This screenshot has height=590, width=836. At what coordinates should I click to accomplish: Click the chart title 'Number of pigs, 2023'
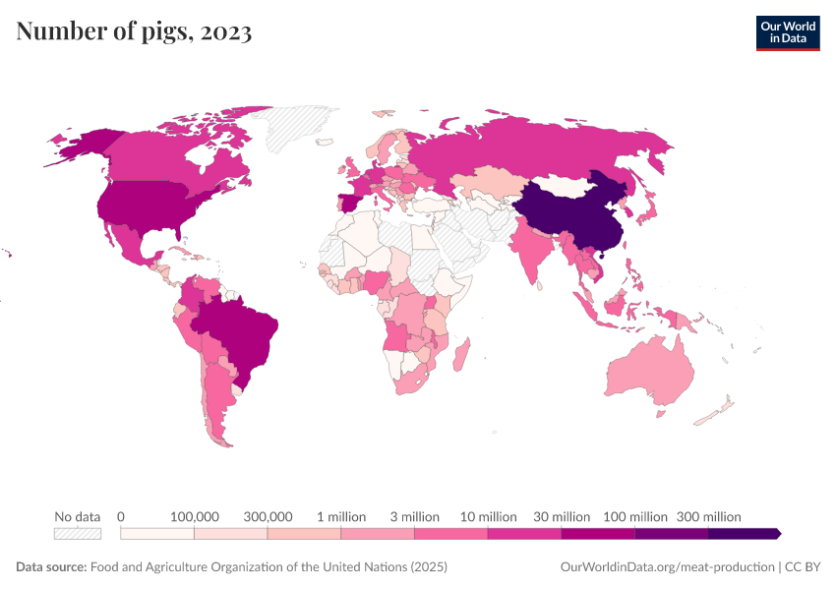coord(134,32)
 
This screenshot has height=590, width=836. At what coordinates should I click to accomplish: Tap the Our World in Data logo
coord(787,32)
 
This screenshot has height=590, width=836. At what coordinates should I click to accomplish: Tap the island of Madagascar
coord(463,355)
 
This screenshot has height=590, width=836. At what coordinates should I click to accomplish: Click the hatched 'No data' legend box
coord(78,534)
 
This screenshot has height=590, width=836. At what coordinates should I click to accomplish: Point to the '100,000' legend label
coord(195,516)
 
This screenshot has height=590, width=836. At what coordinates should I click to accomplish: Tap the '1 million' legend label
coord(341,516)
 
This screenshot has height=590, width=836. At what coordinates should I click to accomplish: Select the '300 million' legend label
coord(708,516)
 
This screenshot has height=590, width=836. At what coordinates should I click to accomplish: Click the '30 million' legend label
coord(562,516)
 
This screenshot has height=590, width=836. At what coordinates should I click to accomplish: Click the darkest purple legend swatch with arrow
coord(744,534)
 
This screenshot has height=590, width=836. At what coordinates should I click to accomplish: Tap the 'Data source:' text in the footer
coord(51,567)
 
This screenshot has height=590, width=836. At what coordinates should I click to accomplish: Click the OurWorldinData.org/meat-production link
coord(666,567)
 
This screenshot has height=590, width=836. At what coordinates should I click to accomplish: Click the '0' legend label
coord(121,516)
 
